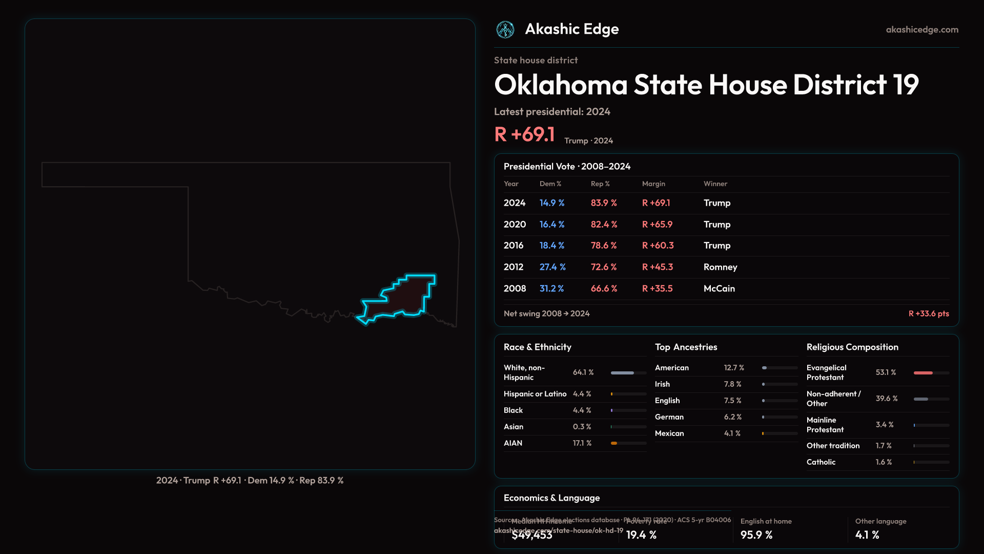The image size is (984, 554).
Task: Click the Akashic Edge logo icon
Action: point(505,30)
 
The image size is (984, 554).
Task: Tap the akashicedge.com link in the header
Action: point(922,30)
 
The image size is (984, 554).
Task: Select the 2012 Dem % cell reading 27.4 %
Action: point(552,267)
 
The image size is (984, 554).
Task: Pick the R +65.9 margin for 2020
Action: point(657,225)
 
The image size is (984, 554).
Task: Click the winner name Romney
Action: point(720,267)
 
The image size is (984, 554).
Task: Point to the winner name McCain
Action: point(719,289)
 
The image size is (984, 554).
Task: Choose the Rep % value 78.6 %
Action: point(604,246)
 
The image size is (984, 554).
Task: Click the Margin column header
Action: point(653,184)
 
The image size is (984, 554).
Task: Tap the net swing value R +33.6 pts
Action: point(929,313)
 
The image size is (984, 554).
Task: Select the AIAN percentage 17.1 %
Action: point(582,443)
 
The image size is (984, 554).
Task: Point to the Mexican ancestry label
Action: point(669,433)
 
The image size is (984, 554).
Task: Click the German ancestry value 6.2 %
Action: point(733,417)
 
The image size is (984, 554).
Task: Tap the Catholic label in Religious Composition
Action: point(821,462)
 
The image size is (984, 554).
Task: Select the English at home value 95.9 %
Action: point(756,535)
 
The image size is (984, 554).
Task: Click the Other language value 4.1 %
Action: point(867,535)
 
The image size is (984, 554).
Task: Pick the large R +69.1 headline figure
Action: point(524,135)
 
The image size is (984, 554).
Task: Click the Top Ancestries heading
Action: point(686,347)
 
